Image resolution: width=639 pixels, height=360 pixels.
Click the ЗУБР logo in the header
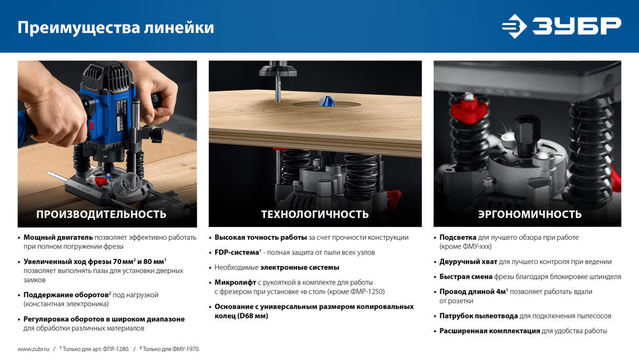click(x=560, y=26)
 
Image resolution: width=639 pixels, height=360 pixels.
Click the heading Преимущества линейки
click(x=115, y=27)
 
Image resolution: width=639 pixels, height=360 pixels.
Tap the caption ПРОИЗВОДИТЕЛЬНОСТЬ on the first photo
click(x=101, y=214)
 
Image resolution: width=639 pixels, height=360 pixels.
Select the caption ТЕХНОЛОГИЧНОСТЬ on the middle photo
click(x=314, y=214)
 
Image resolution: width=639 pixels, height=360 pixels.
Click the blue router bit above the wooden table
click(x=327, y=101)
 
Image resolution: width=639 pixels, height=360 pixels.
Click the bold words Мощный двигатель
click(x=58, y=237)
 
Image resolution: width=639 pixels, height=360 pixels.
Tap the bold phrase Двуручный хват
click(x=468, y=262)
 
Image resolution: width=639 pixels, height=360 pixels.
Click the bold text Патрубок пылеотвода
click(x=478, y=316)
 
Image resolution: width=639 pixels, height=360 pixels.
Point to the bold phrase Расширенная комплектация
click(x=489, y=331)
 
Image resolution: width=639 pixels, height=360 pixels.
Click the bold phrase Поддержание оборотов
click(x=64, y=295)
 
